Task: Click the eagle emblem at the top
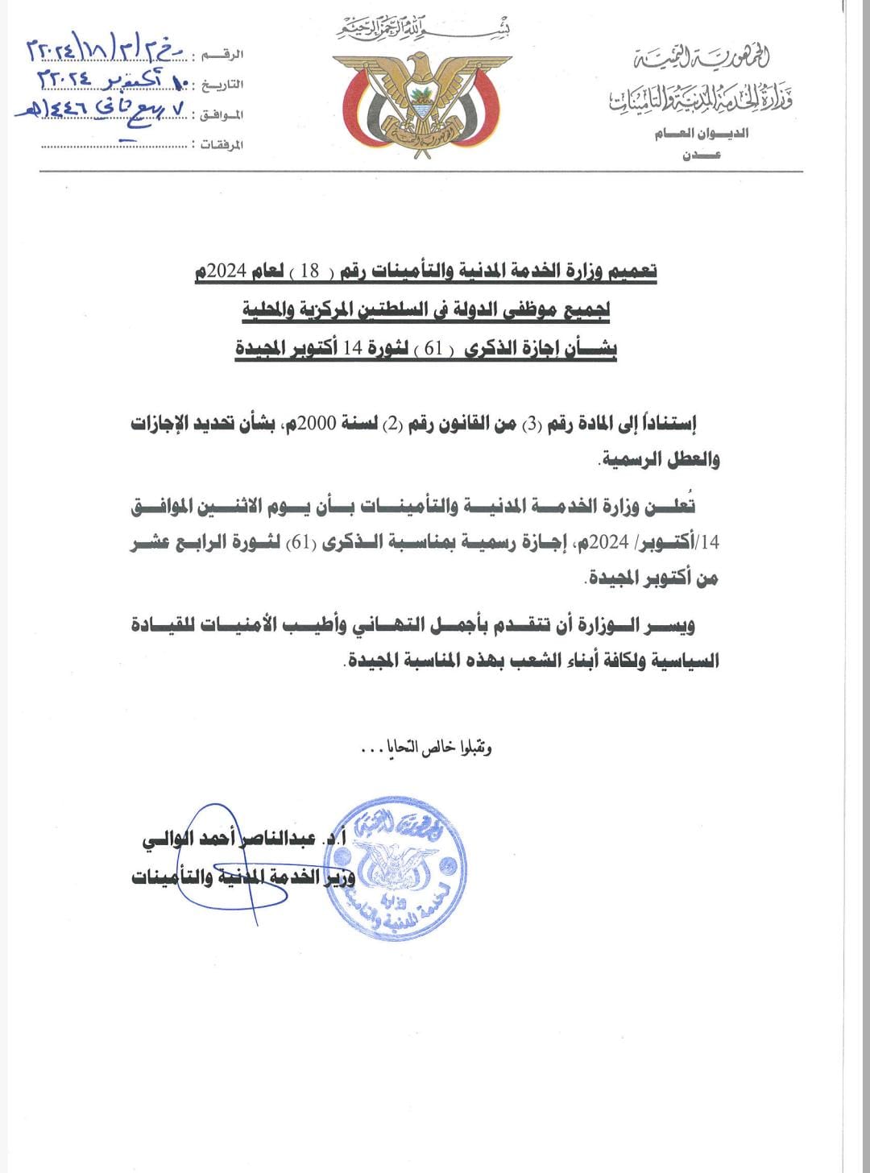417,100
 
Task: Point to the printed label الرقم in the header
226,53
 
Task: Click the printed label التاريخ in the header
222,84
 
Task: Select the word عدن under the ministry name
702,155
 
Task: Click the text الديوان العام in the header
702,134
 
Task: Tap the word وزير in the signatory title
338,876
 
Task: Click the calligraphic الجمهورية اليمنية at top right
702,58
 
